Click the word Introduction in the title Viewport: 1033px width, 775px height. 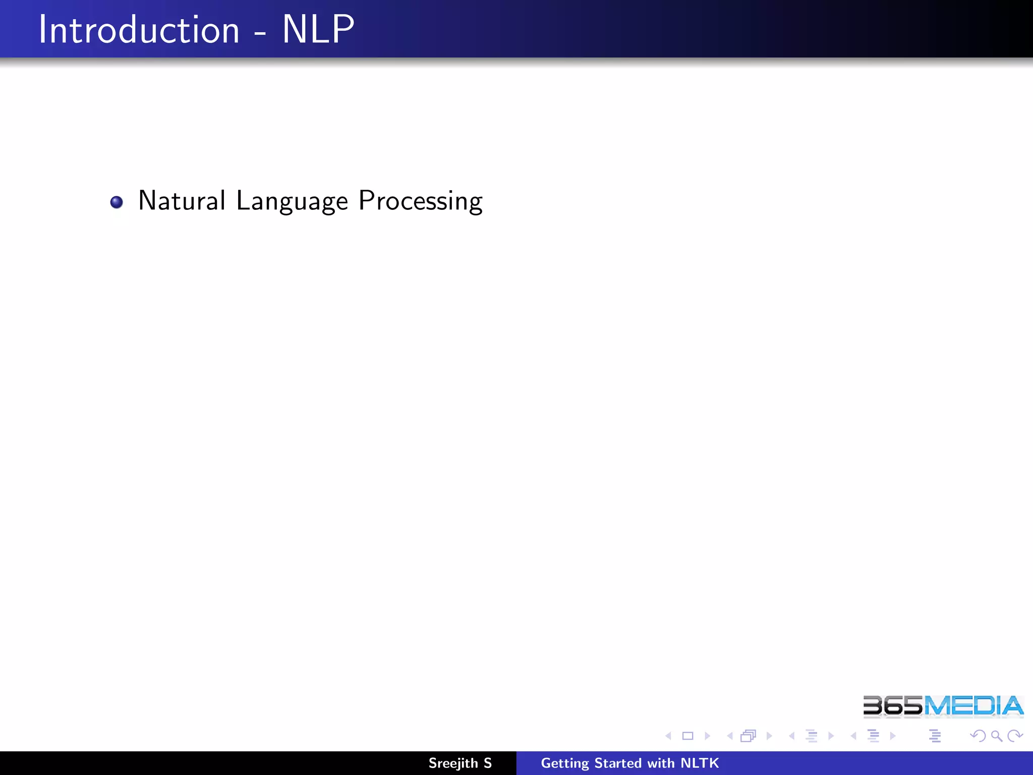[x=139, y=30]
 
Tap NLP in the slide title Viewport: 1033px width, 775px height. [x=318, y=30]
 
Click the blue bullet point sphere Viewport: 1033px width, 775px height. [x=117, y=202]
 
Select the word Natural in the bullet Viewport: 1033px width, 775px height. [x=182, y=201]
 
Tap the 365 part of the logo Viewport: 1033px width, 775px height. [x=893, y=706]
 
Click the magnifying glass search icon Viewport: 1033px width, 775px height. [x=996, y=736]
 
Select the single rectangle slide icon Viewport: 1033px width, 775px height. [x=687, y=736]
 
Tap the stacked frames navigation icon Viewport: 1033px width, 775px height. [x=749, y=736]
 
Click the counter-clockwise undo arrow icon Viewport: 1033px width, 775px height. [x=978, y=736]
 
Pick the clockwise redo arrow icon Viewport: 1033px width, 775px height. [x=1014, y=736]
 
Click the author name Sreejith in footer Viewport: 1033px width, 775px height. [x=453, y=763]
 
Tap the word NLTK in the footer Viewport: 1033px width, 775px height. [x=700, y=763]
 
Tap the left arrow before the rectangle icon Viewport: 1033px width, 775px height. [x=669, y=736]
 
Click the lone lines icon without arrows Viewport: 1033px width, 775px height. [x=935, y=736]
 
